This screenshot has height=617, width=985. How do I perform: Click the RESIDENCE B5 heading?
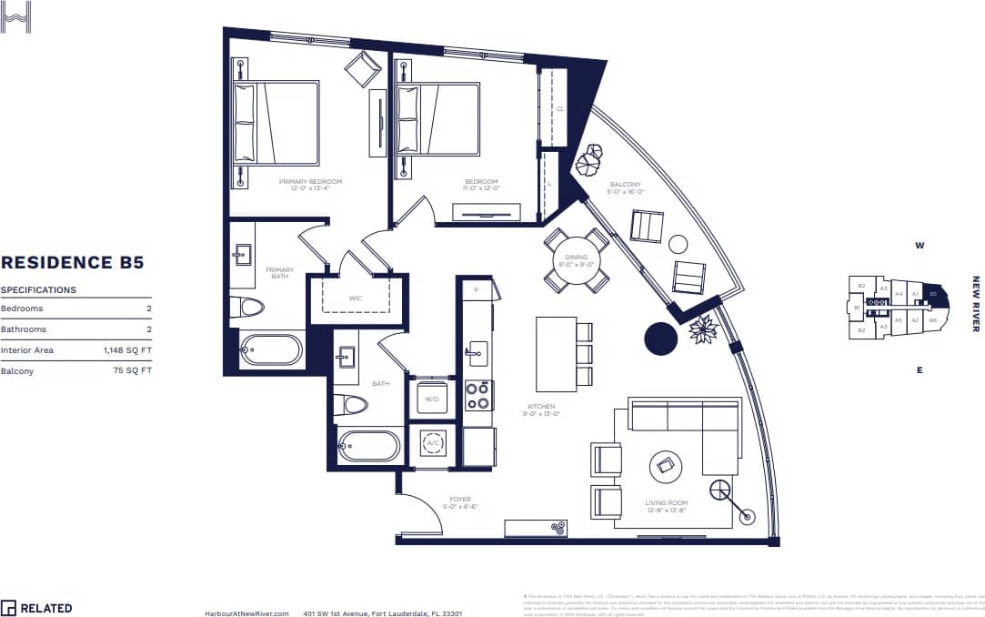coord(72,263)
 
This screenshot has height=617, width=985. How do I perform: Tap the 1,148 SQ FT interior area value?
coord(127,349)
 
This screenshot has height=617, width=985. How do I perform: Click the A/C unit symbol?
coord(433,443)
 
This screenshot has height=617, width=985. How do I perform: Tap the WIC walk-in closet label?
coord(356,298)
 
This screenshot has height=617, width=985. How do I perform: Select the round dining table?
coord(577,260)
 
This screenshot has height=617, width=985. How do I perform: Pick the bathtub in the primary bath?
coord(272,350)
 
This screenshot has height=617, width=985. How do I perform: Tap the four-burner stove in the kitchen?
coord(478,395)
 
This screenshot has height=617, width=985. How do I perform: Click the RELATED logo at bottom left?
coord(36,607)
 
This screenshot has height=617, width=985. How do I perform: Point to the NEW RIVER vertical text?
coord(976,304)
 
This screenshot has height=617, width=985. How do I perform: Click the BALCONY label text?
coord(626,185)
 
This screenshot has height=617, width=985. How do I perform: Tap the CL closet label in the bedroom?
coord(560,108)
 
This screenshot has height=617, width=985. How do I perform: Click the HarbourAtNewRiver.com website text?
coord(247,612)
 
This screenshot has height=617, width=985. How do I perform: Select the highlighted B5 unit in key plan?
coord(931,294)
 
